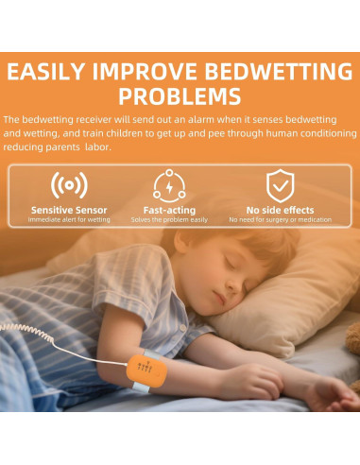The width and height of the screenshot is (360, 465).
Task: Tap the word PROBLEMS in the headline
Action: point(180,97)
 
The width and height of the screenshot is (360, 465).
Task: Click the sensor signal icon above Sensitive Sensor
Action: point(68,184)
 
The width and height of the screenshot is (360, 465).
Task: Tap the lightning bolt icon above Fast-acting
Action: point(169,184)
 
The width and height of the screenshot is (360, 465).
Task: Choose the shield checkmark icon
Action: point(280,184)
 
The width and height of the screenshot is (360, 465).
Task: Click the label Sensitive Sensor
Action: point(68,210)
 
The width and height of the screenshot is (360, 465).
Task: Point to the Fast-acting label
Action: point(169,210)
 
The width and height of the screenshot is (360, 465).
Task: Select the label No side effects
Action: point(280,210)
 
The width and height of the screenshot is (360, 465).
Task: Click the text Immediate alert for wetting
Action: point(68,219)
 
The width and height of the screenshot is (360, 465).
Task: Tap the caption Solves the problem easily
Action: point(169,219)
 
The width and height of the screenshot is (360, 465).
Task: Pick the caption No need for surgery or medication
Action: point(280,219)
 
